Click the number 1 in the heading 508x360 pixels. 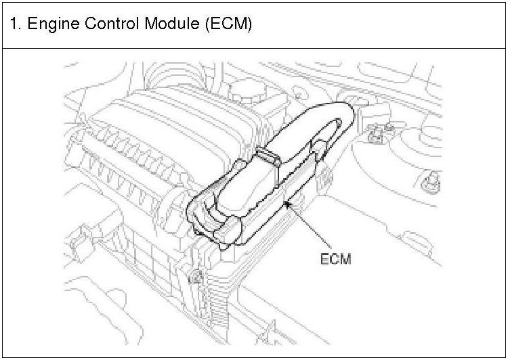pyautogui.click(x=14, y=25)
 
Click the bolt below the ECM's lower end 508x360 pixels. pyautogui.click(x=196, y=276)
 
